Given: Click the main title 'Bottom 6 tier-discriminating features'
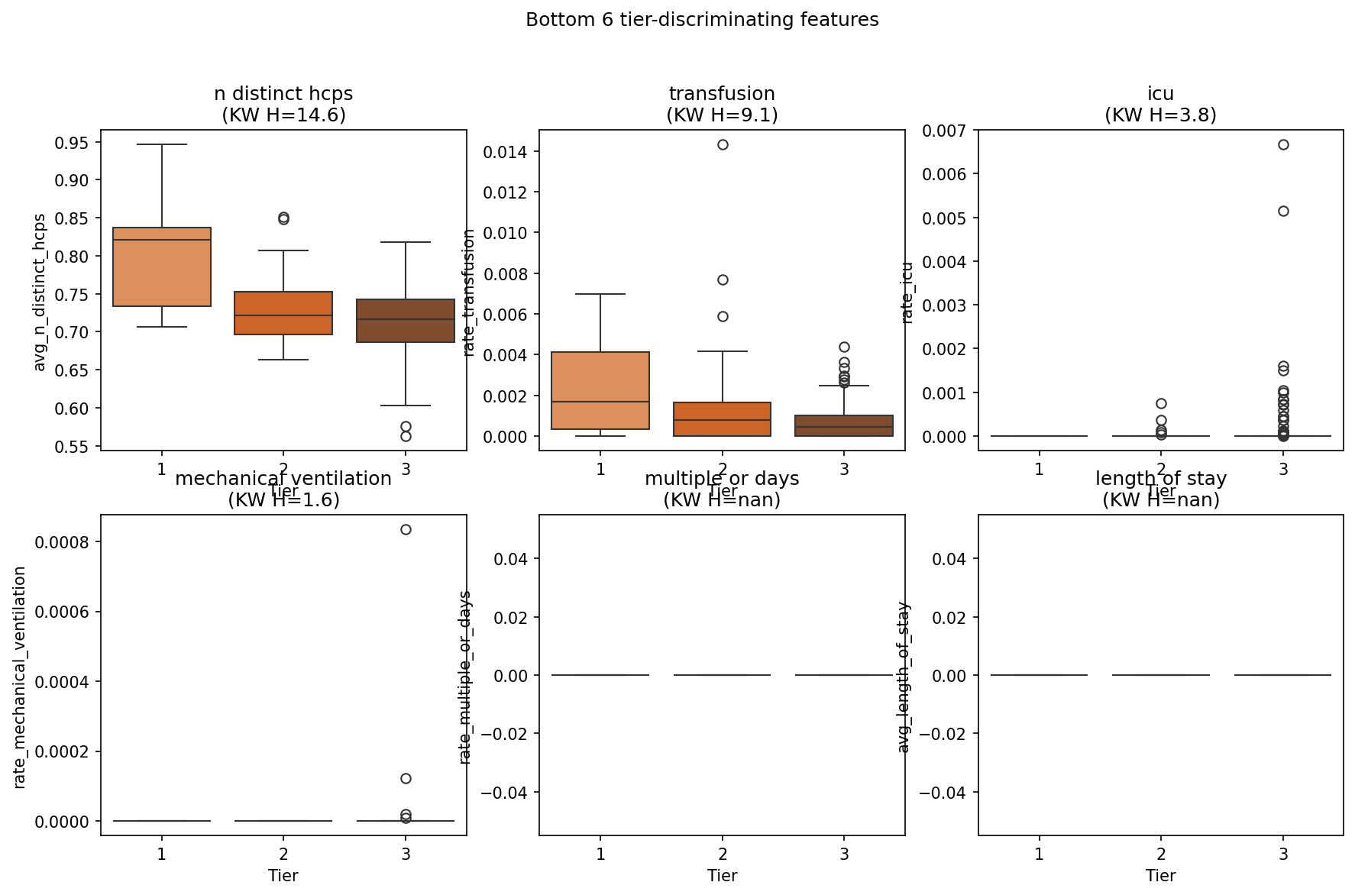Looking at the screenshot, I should [x=702, y=20].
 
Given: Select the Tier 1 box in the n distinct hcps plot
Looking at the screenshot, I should [x=161, y=267].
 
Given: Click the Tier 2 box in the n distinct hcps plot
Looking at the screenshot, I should [x=283, y=313].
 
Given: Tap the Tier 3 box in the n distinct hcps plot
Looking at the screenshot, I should [x=406, y=321].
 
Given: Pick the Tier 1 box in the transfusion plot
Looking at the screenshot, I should [x=600, y=390].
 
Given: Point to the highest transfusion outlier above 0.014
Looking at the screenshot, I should [x=723, y=145].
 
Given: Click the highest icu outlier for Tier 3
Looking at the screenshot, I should [x=1283, y=145].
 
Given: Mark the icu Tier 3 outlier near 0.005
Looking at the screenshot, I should [x=1283, y=211].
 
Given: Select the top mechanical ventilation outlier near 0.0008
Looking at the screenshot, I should [x=406, y=529].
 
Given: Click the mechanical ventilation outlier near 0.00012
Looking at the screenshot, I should [x=406, y=778].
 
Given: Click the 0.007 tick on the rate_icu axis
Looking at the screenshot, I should [x=943, y=131].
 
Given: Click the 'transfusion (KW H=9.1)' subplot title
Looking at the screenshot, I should [x=722, y=104].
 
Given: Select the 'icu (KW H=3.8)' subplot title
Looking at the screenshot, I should [x=1160, y=104].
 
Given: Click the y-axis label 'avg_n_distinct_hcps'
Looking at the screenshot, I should [x=40, y=292].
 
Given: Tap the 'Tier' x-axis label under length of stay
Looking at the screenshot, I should [x=1160, y=875].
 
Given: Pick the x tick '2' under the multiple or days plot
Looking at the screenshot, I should [x=723, y=854].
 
